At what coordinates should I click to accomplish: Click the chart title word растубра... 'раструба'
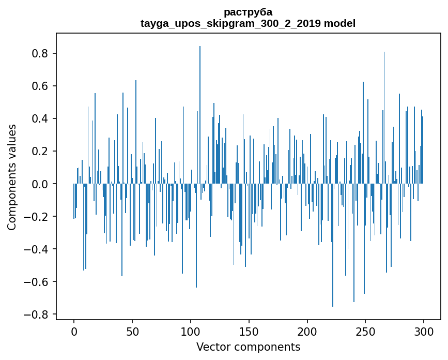(248, 12)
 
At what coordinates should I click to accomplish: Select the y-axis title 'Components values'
(12, 177)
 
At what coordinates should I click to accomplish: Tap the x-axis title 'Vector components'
(248, 347)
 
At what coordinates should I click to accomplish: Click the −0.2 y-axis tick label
(37, 217)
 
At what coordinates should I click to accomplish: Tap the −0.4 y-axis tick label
(37, 249)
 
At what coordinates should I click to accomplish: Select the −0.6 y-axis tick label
(37, 282)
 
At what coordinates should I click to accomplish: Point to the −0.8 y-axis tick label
(37, 314)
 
